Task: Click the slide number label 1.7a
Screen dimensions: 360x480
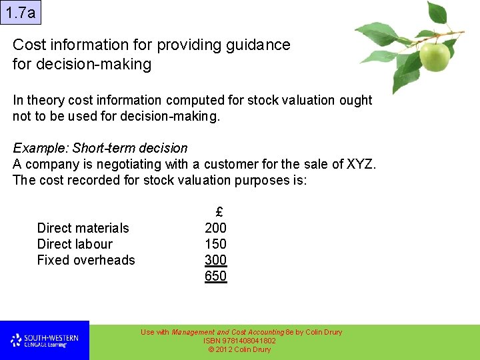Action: coord(19,12)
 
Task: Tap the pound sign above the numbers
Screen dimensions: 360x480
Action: coord(219,212)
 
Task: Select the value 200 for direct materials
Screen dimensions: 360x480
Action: coord(215,228)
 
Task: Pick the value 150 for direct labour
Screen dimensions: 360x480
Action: coord(215,244)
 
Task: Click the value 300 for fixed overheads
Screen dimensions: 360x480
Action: coord(215,260)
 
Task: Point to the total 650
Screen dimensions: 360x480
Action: coord(215,276)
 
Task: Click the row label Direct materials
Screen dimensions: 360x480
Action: coord(83,228)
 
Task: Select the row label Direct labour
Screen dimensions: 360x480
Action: coord(75,244)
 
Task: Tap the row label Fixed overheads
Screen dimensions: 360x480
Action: coord(86,260)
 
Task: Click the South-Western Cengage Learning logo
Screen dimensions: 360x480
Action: coord(45,341)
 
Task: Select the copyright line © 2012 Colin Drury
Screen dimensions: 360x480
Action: coord(239,349)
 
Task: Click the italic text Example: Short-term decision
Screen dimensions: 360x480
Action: coord(100,148)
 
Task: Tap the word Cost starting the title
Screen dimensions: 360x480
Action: coord(29,45)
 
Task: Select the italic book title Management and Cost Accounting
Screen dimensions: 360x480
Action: coord(227,332)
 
